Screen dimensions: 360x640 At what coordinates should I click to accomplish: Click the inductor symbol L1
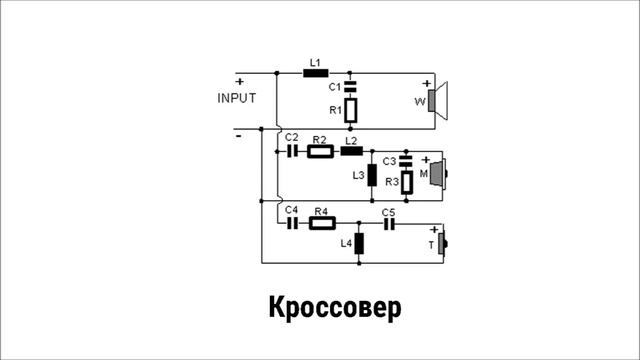[315, 72]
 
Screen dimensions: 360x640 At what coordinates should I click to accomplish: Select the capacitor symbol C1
[350, 88]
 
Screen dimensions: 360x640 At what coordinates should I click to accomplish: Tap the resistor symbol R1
[350, 110]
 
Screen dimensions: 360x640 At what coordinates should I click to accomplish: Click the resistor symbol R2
[320, 152]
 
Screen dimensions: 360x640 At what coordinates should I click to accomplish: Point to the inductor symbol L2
[350, 152]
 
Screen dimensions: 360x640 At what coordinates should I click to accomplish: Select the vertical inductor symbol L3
[372, 176]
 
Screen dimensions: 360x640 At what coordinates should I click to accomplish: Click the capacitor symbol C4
[293, 224]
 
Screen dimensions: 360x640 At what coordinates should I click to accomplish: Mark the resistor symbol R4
[321, 224]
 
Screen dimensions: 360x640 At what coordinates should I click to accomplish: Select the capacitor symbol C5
[389, 224]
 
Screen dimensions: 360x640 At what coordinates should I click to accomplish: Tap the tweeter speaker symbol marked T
[442, 244]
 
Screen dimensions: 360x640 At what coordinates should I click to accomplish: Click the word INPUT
[237, 98]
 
